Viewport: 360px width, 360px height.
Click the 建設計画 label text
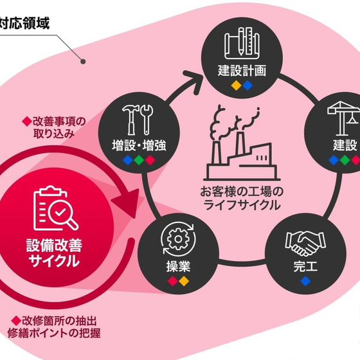tap(242, 71)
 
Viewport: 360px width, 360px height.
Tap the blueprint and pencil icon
tap(242, 43)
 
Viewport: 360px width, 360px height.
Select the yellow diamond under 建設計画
tap(237, 85)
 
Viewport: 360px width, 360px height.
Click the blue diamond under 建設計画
tap(248, 85)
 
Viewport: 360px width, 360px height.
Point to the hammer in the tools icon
tap(131, 120)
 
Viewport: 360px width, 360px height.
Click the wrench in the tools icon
tap(147, 120)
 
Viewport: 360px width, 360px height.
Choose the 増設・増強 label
tap(139, 145)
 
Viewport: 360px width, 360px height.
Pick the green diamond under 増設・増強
tap(139, 160)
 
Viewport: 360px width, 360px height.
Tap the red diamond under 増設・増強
tap(150, 160)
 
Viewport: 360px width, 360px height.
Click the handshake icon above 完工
tap(305, 244)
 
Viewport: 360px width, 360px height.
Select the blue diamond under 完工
tap(305, 282)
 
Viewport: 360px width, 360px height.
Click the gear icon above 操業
tap(179, 239)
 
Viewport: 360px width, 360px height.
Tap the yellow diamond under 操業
tap(184, 282)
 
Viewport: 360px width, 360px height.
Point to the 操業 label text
tap(179, 267)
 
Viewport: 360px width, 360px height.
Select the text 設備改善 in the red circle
tap(54, 246)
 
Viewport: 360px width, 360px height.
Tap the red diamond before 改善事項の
tap(27, 122)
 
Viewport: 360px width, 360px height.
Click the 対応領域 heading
tap(24, 23)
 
